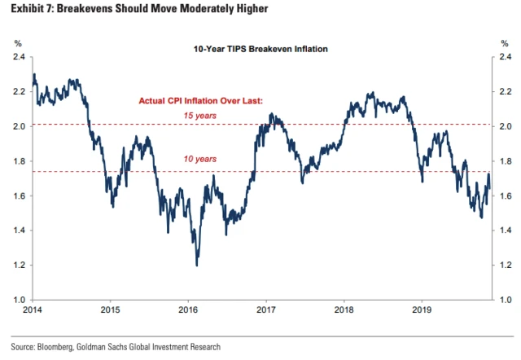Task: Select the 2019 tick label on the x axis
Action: tap(422, 310)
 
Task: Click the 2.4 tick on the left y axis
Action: tap(18, 57)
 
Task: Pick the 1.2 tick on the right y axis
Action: tap(505, 266)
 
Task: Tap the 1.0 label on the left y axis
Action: tap(18, 301)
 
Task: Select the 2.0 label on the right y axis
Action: tap(505, 126)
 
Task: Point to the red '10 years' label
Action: tap(201, 159)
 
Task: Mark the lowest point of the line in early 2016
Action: tap(196, 265)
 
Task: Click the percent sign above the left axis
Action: tap(18, 42)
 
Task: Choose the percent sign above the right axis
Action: tap(505, 42)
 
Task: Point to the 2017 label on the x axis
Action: tap(265, 310)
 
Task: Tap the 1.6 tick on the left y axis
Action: tap(18, 196)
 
